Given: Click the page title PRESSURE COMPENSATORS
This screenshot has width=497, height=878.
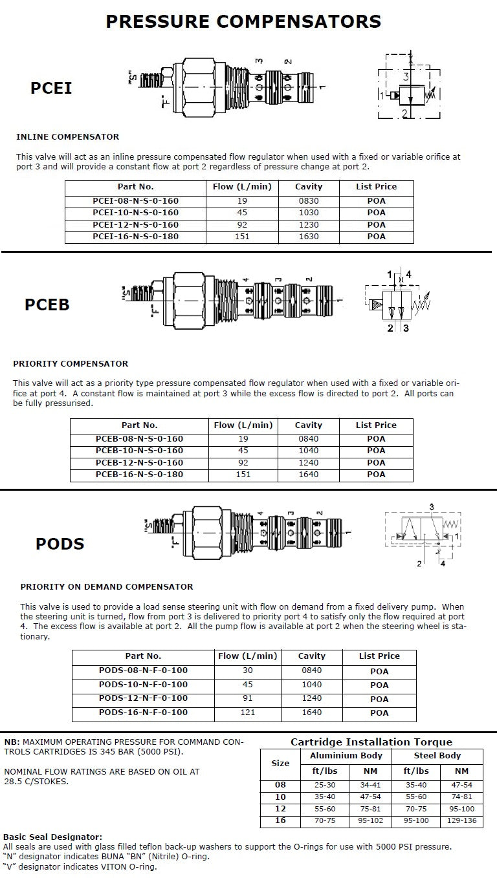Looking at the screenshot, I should (243, 22).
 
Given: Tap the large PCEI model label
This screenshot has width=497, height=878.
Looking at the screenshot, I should (51, 88).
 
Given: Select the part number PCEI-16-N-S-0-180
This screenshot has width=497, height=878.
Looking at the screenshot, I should (135, 237).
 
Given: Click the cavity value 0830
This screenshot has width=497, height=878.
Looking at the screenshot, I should (307, 201).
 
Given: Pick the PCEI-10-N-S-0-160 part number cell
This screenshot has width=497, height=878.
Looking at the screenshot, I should (135, 213).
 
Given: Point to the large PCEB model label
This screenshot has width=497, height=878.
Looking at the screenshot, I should (47, 304).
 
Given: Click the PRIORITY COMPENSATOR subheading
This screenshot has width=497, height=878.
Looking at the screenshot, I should (71, 363).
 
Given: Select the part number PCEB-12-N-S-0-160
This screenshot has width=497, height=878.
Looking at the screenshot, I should (139, 463).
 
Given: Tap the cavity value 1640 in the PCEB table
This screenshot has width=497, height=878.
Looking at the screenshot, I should (307, 475).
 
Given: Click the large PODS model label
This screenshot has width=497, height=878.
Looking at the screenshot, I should (60, 544).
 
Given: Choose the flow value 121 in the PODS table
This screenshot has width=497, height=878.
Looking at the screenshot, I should (248, 712).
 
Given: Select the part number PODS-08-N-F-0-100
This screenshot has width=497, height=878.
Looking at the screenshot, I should (143, 670).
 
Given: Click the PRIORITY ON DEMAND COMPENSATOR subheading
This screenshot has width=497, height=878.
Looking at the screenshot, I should (107, 587).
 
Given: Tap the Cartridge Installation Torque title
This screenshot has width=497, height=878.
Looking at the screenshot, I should (371, 742).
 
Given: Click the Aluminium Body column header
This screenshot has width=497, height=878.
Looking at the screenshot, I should (346, 755).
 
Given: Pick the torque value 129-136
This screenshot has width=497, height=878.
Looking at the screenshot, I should (461, 820).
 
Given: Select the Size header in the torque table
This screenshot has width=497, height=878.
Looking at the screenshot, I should (280, 763).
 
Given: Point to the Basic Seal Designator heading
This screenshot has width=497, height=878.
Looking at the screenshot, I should (53, 837).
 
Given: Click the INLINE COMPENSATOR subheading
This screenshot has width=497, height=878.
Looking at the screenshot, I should (67, 137).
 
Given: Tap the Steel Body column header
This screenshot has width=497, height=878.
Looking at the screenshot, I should (437, 755).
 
